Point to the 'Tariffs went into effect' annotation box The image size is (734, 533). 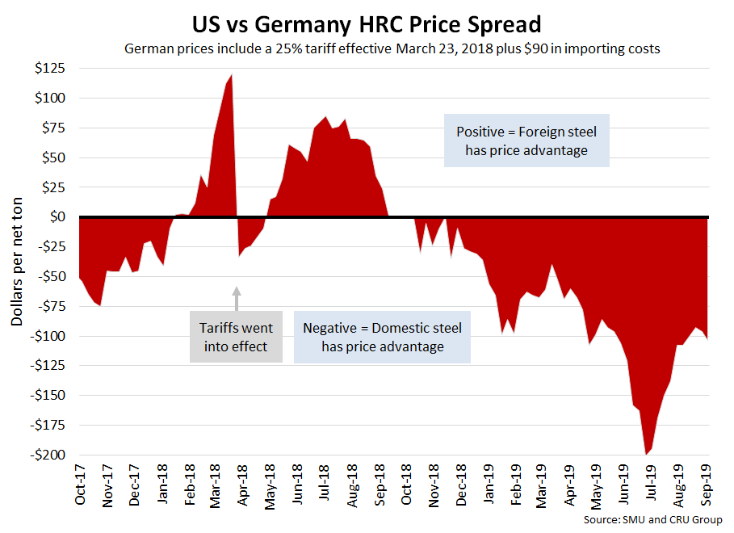pyautogui.click(x=236, y=337)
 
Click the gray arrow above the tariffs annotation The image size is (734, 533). pyautogui.click(x=237, y=297)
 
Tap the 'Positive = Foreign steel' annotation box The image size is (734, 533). pyautogui.click(x=526, y=141)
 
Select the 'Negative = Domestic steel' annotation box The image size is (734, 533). pyautogui.click(x=382, y=337)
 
